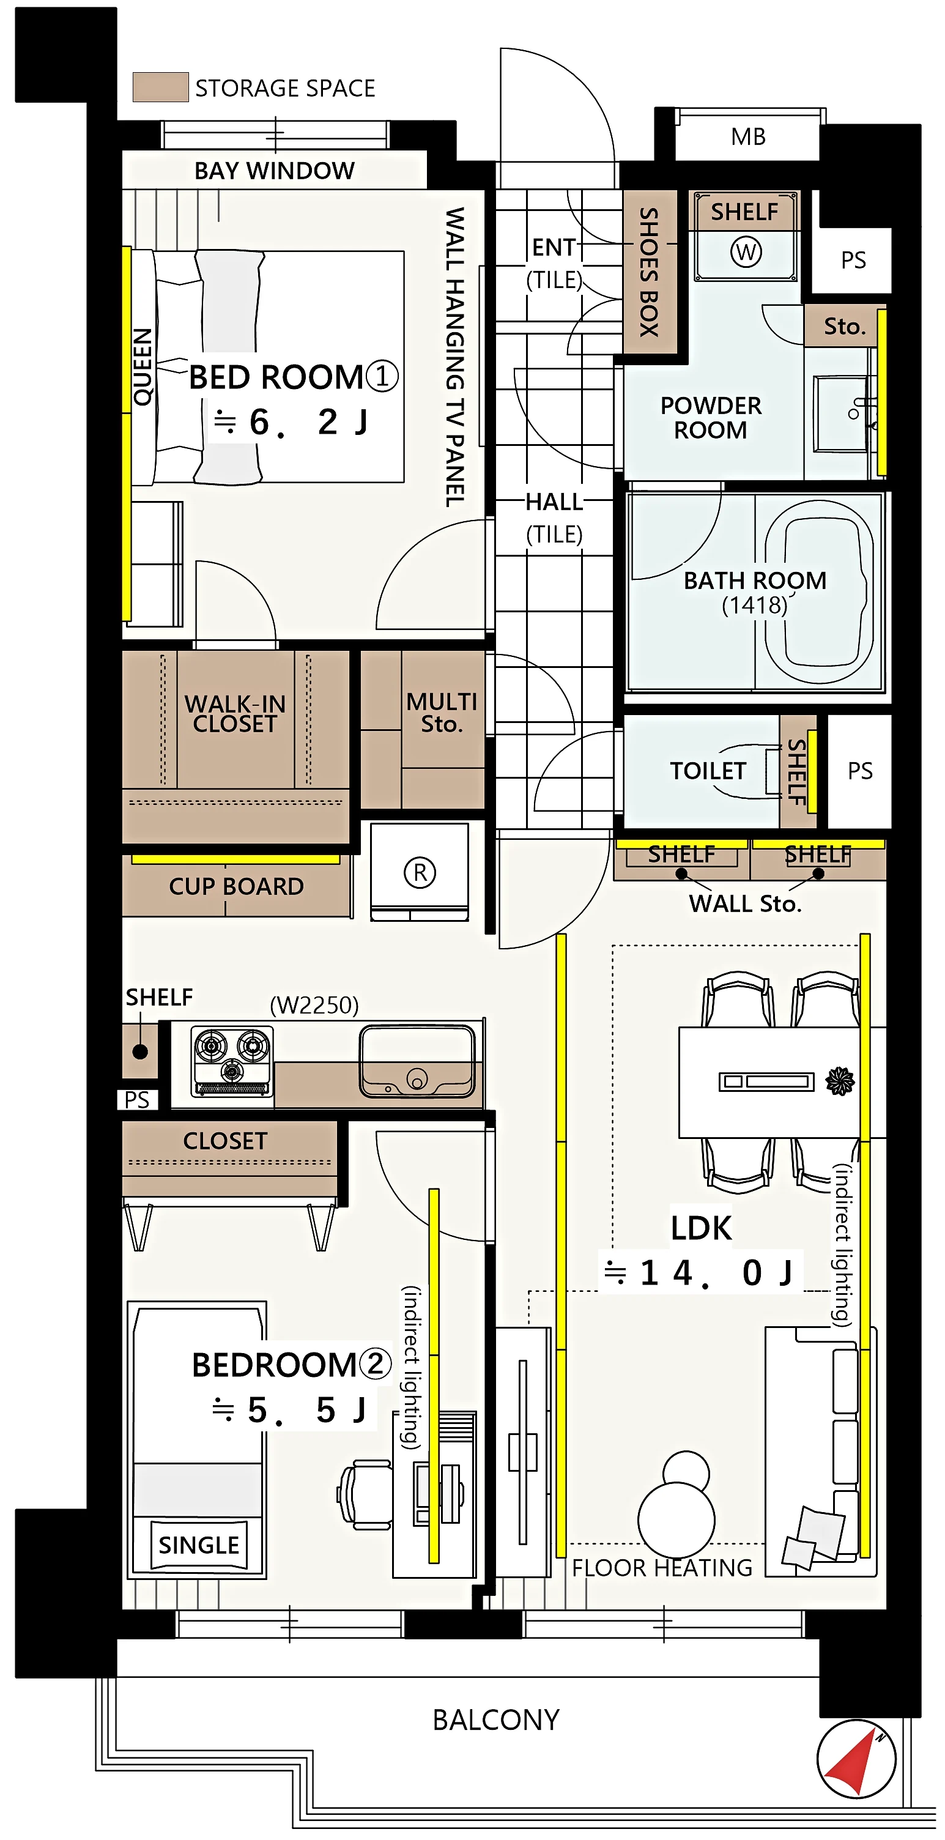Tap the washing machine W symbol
(x=746, y=251)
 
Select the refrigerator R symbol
(x=419, y=872)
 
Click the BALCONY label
(x=495, y=1719)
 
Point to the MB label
(x=748, y=136)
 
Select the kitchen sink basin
(x=417, y=1061)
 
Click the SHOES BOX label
(x=648, y=272)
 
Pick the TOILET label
(x=708, y=771)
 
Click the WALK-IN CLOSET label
(x=235, y=714)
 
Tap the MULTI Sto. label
(x=442, y=712)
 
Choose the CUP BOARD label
(x=237, y=886)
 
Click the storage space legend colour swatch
(x=161, y=87)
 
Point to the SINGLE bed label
(x=199, y=1545)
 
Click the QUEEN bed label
(x=143, y=367)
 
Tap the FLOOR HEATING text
(x=662, y=1568)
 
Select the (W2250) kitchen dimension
(x=314, y=1005)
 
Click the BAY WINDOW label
(x=274, y=171)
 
